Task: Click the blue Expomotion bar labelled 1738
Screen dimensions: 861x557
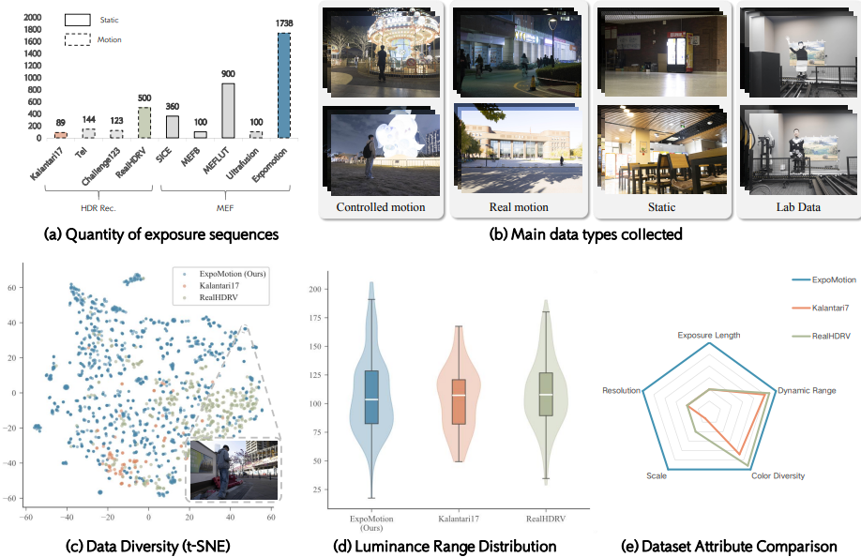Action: (284, 85)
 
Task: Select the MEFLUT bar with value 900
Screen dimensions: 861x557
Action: (228, 111)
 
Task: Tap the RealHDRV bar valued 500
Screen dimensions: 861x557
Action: (144, 123)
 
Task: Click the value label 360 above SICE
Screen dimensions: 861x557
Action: (173, 107)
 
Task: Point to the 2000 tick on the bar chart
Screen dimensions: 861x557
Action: (33, 18)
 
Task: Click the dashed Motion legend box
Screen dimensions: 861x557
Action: (78, 39)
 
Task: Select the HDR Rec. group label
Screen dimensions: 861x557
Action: (98, 208)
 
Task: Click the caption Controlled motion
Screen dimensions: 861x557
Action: (381, 207)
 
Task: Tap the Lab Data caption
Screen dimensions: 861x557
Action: (798, 207)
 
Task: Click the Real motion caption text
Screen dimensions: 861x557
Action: (519, 207)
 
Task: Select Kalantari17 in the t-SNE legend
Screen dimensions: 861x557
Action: (219, 286)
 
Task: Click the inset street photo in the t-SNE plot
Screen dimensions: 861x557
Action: (234, 470)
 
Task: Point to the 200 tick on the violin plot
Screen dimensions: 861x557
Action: (314, 289)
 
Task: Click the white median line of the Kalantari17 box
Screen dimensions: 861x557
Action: (459, 395)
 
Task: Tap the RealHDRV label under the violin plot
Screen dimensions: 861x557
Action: (545, 519)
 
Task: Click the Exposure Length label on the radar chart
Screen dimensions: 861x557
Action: (708, 336)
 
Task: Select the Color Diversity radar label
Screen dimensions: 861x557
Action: (778, 475)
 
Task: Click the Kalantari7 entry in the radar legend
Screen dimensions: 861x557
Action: (830, 308)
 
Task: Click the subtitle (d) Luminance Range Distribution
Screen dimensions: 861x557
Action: (445, 547)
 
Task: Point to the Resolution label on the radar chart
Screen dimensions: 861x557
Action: (621, 391)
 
